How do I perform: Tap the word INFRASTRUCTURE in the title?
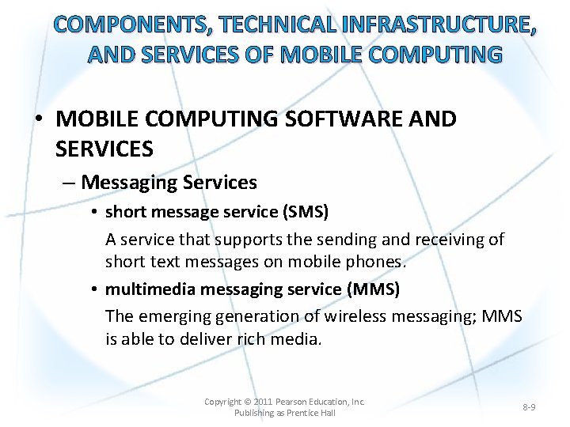tap(433, 25)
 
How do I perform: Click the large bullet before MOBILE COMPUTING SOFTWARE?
tap(38, 120)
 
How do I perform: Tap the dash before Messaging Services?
tap(68, 183)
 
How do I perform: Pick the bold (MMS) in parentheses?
tap(374, 289)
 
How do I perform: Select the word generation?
tap(256, 316)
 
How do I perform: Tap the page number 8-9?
tap(529, 407)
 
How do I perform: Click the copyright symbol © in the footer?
tap(247, 402)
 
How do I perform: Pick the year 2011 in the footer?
tap(263, 402)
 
